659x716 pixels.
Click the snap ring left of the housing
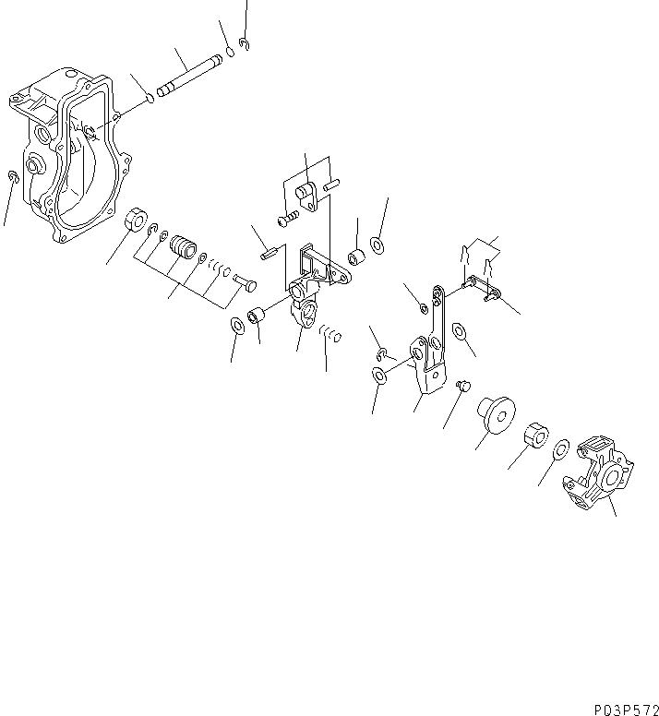tap(12, 177)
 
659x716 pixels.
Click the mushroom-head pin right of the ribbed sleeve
tap(245, 281)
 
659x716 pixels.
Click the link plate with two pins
tap(481, 288)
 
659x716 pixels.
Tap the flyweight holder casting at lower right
tap(600, 475)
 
